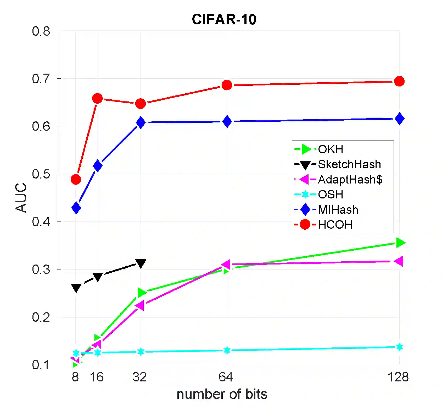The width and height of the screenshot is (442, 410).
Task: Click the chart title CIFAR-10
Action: [224, 19]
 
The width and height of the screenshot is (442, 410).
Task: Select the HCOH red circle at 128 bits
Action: [399, 81]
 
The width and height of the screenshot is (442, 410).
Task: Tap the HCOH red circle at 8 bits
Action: [76, 179]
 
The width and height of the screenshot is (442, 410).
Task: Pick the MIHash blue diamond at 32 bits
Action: [141, 122]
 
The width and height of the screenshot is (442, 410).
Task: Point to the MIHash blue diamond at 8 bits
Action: [76, 208]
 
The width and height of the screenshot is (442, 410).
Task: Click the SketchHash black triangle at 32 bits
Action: [141, 263]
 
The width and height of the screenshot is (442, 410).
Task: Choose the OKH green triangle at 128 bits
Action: [400, 242]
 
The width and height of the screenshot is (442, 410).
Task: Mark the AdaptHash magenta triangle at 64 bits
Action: [226, 265]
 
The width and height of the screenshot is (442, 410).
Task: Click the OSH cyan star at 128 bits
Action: [399, 347]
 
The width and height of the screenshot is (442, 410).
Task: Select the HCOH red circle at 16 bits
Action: [97, 99]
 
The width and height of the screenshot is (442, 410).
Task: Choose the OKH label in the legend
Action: [330, 149]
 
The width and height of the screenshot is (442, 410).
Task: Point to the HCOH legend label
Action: [335, 225]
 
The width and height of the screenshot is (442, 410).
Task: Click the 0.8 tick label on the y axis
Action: [41, 31]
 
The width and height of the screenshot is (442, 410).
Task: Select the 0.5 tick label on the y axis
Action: [41, 174]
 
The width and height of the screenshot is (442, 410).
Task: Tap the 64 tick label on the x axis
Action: [226, 377]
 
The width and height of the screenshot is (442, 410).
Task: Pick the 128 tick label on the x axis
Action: [398, 377]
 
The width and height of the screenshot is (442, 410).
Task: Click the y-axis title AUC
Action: [21, 197]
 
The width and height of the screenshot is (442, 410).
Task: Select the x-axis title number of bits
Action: [222, 394]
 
